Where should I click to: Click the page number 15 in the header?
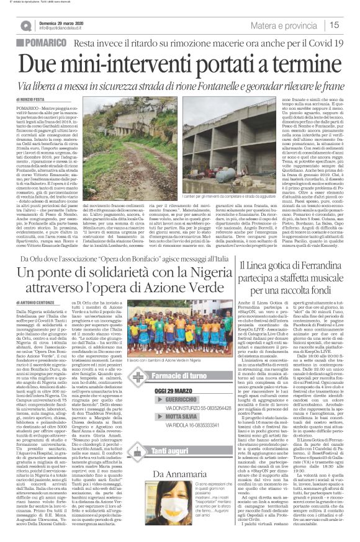pyautogui.click(x=350, y=25)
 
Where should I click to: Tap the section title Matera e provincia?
pyautogui.click(x=304, y=25)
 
